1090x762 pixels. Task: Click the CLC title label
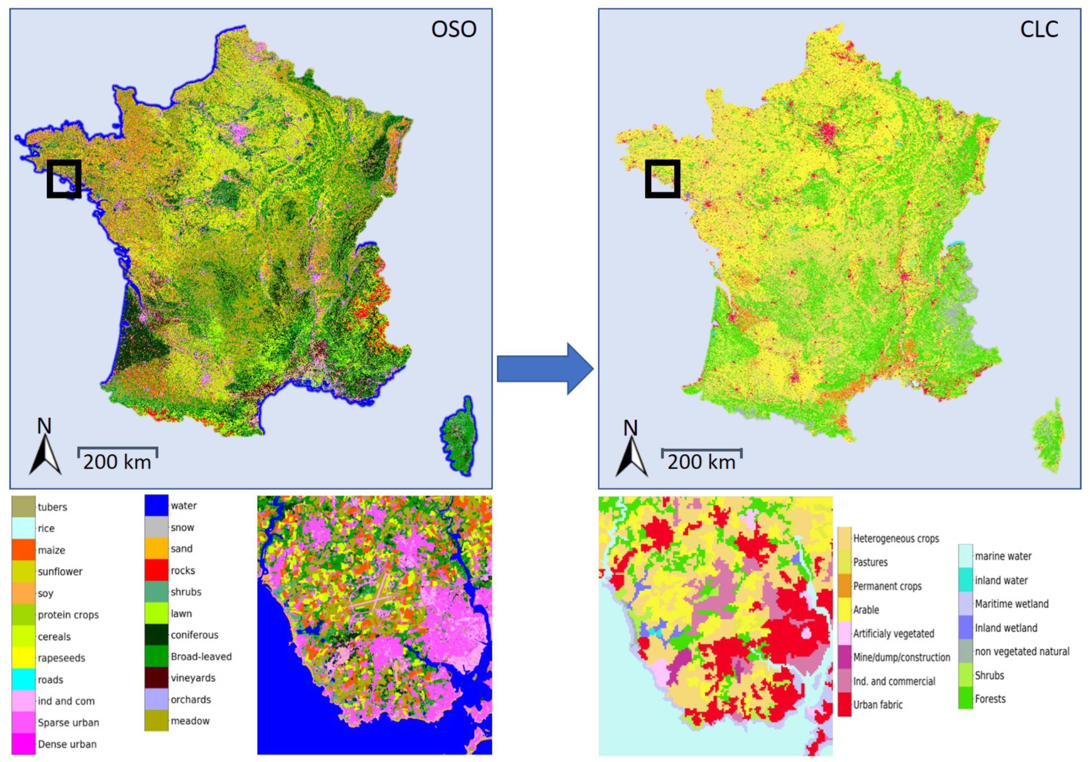(x=1039, y=29)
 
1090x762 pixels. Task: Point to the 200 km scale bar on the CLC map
(x=701, y=451)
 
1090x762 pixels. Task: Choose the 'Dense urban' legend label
(x=67, y=744)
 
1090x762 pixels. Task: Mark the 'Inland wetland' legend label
(x=1005, y=628)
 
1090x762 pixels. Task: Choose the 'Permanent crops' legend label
(x=887, y=586)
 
